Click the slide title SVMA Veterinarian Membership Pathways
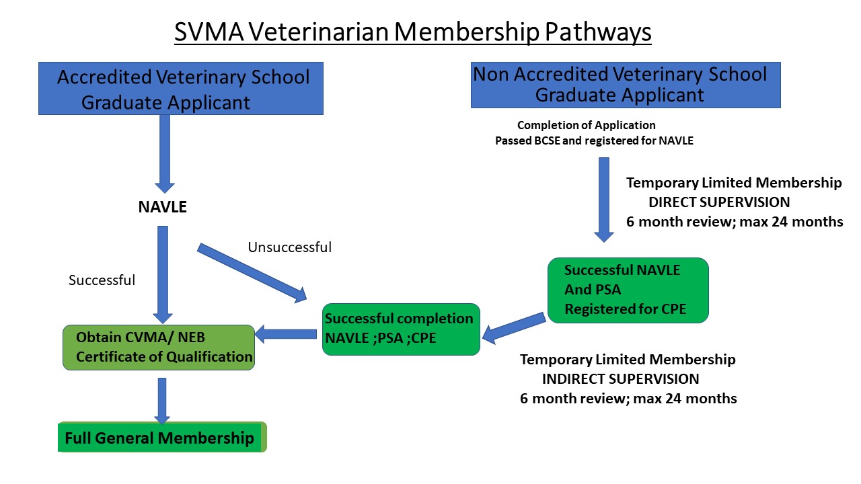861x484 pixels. tap(412, 32)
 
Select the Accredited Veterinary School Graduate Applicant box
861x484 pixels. tap(181, 89)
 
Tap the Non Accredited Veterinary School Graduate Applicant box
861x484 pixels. tap(625, 85)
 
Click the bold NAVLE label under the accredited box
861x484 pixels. tap(162, 208)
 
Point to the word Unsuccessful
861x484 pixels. tap(289, 247)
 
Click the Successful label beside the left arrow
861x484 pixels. tap(102, 280)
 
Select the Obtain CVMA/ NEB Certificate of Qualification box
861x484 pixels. tap(159, 348)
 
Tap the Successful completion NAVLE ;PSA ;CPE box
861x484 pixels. tap(401, 329)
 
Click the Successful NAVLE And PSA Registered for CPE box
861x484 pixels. tap(628, 290)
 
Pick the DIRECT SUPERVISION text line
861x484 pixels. tap(718, 202)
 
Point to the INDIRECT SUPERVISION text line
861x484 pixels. tap(620, 378)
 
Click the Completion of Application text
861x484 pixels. tap(586, 125)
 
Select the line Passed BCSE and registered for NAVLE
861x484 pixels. tap(594, 141)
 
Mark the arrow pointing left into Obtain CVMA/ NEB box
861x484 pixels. tap(286, 333)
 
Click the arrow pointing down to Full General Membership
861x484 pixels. tap(161, 401)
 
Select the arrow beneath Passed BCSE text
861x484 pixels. tap(603, 199)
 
